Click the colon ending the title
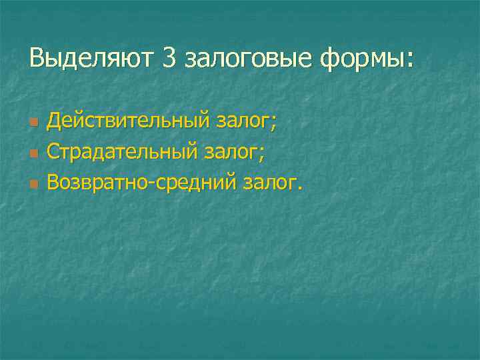tap(409, 60)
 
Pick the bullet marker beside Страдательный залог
tap(34, 153)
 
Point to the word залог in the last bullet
tap(269, 183)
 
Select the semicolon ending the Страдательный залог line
tap(262, 154)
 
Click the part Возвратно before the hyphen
tap(100, 182)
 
